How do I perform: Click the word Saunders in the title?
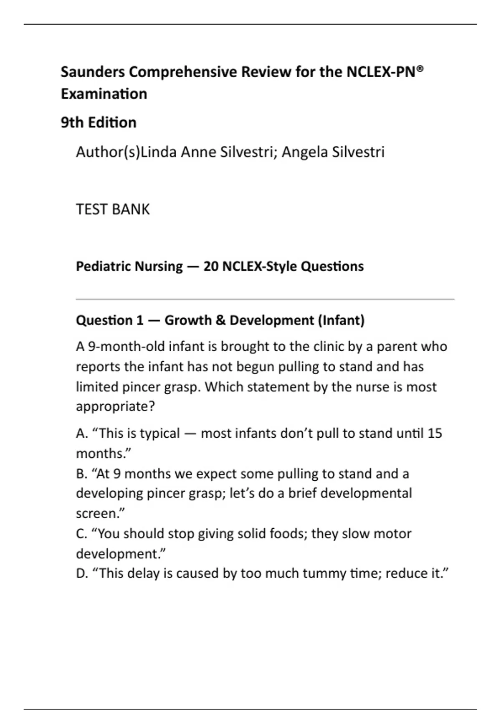(x=93, y=72)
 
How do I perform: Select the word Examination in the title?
(x=104, y=94)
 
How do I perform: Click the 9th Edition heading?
(x=99, y=122)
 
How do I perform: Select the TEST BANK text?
(x=113, y=209)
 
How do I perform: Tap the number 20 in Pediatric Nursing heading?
(x=211, y=266)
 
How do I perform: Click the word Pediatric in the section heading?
(x=100, y=266)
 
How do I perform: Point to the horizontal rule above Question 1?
(x=265, y=299)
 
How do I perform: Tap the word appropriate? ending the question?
(x=115, y=406)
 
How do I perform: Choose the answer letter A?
(x=81, y=434)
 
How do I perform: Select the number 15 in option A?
(x=435, y=434)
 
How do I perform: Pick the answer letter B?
(x=81, y=474)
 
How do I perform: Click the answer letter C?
(x=81, y=534)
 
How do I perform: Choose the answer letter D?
(x=81, y=573)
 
